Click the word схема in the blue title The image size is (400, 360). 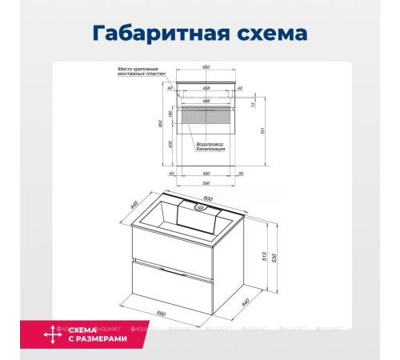[267, 34]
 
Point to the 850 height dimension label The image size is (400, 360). [161, 124]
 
